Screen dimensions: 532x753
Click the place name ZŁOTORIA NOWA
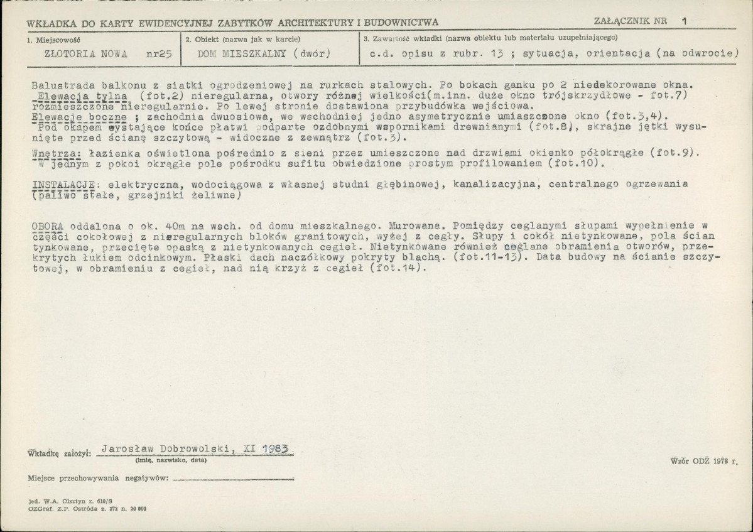point(86,53)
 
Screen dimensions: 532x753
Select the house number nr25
point(158,53)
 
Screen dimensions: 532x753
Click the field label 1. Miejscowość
point(52,39)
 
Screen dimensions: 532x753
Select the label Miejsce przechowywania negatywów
point(98,479)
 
